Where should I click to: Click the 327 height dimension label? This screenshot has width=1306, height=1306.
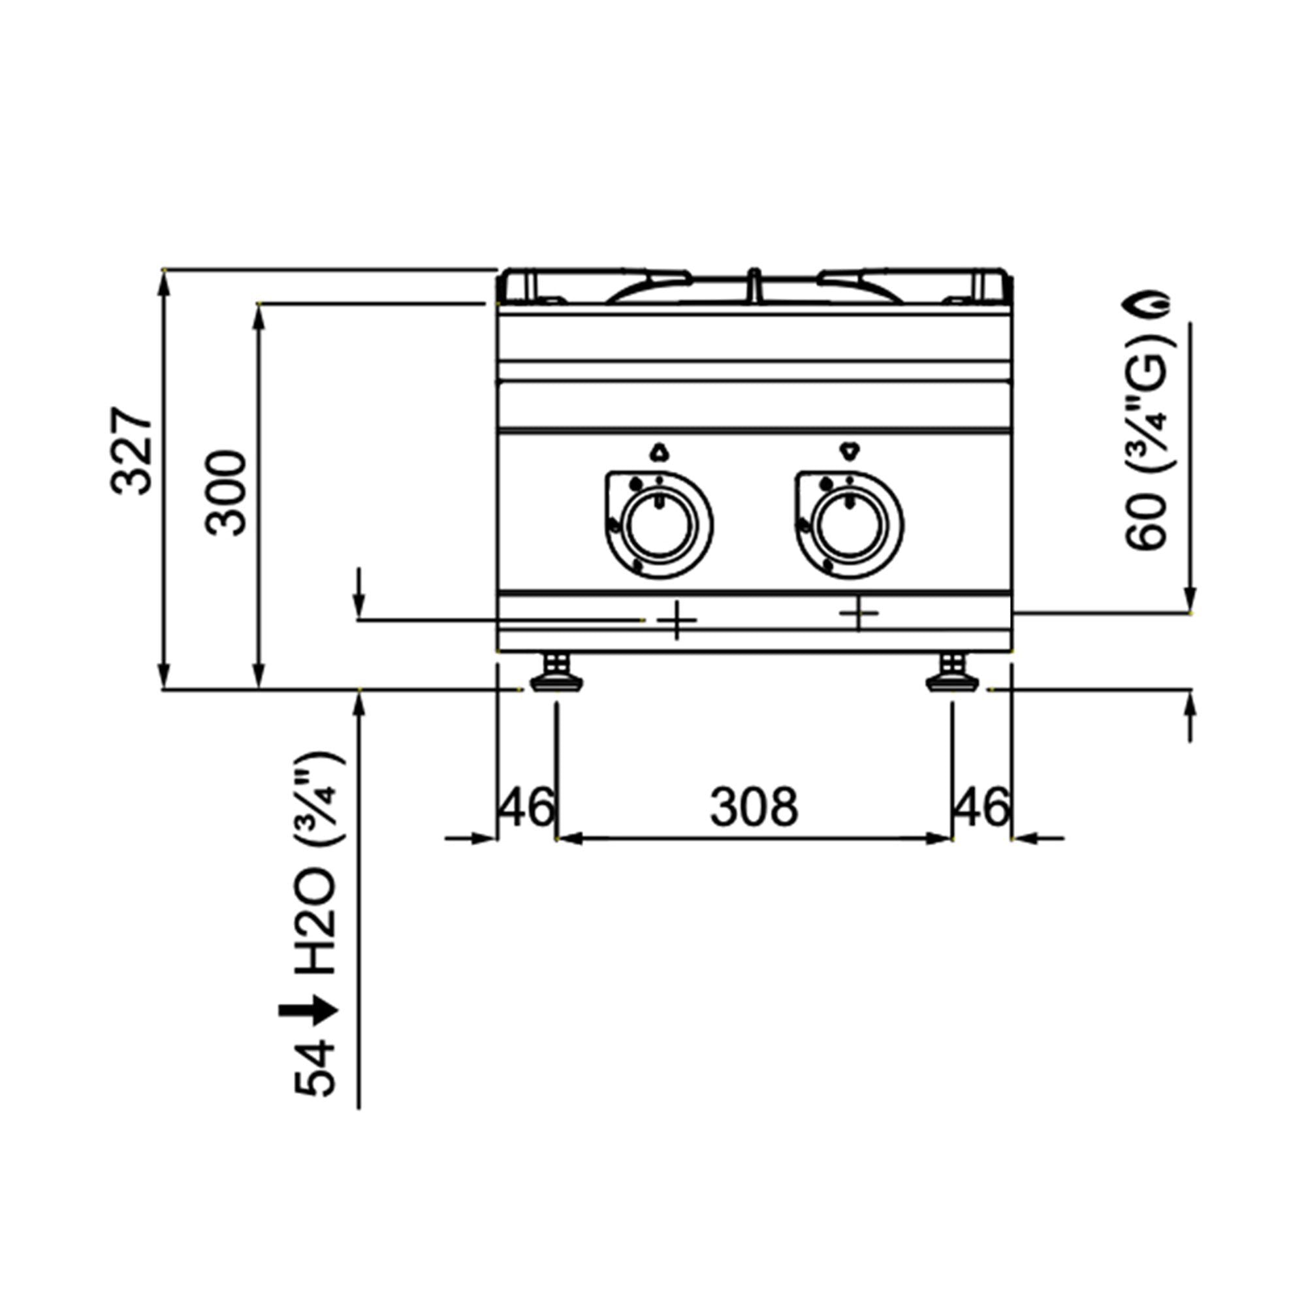[132, 451]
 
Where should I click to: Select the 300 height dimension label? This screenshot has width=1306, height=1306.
[227, 494]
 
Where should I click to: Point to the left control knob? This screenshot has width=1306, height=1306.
[658, 525]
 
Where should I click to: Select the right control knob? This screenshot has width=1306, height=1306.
[848, 525]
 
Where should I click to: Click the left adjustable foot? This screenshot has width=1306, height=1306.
[556, 673]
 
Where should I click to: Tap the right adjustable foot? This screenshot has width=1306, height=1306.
[952, 673]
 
